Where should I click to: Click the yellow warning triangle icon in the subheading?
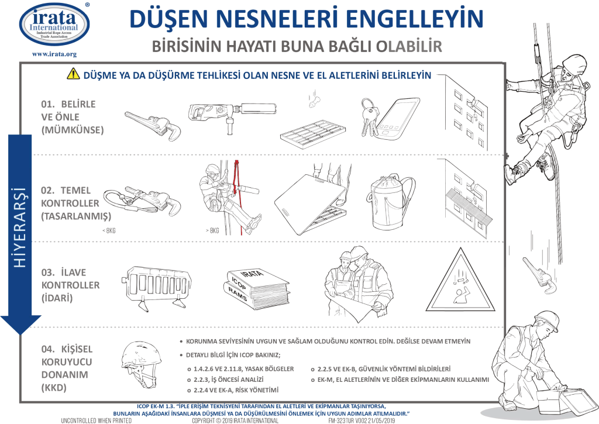73,74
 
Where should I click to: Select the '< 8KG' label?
109,232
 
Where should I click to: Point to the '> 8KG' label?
211,232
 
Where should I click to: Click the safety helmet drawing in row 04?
139,361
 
